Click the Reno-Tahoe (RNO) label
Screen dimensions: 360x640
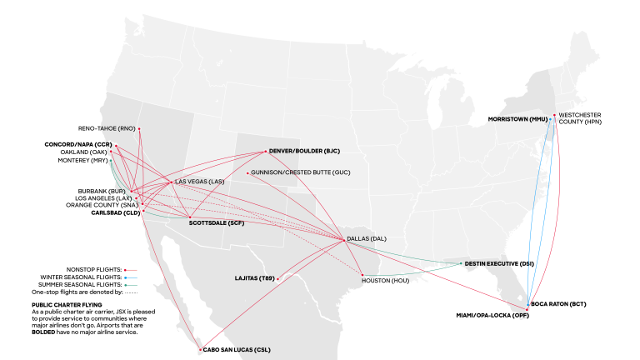pos(106,128)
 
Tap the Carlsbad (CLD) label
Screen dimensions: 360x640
pos(114,213)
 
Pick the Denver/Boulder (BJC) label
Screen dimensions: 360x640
pos(305,151)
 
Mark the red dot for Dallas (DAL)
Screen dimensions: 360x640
pos(345,240)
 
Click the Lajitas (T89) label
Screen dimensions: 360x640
pos(255,278)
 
